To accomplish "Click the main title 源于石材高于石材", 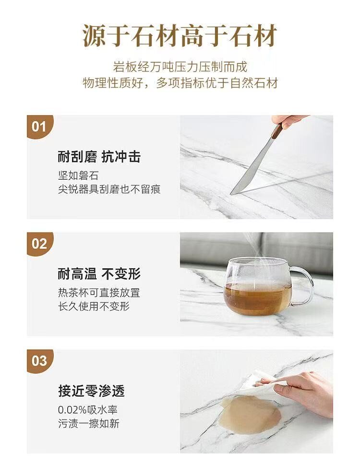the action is click(x=180, y=36).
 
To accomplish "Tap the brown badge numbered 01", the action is click(x=40, y=127).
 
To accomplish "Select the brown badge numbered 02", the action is click(x=40, y=244).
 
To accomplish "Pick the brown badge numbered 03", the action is click(x=40, y=361).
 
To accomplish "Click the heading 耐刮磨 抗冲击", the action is click(x=99, y=157).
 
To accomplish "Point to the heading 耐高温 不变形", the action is click(x=99, y=274).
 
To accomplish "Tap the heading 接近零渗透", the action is click(x=91, y=391).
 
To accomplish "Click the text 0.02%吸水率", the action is click(x=88, y=410).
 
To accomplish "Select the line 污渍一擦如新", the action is click(x=89, y=424).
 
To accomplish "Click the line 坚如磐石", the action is click(x=78, y=176).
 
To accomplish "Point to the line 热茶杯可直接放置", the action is click(x=99, y=293).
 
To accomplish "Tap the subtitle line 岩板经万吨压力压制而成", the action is click(x=180, y=67).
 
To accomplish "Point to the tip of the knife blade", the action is click(x=231, y=194).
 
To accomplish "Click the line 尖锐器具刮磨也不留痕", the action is click(x=109, y=189).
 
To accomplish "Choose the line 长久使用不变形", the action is click(x=94, y=306).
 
